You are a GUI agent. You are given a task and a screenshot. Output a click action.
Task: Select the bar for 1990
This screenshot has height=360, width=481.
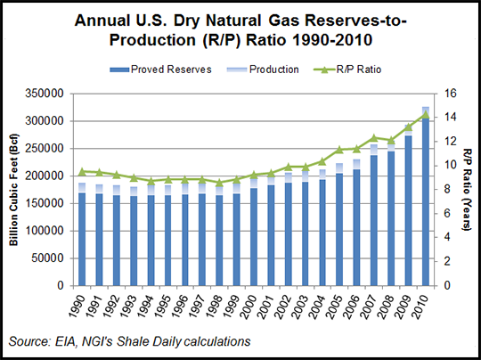83,236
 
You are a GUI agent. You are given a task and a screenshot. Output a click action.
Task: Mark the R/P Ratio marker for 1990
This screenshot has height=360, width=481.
83,171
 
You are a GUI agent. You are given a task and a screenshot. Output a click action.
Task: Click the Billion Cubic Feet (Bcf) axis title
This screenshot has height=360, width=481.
15,189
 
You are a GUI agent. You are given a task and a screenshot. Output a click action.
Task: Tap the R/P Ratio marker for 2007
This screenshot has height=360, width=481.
374,137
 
